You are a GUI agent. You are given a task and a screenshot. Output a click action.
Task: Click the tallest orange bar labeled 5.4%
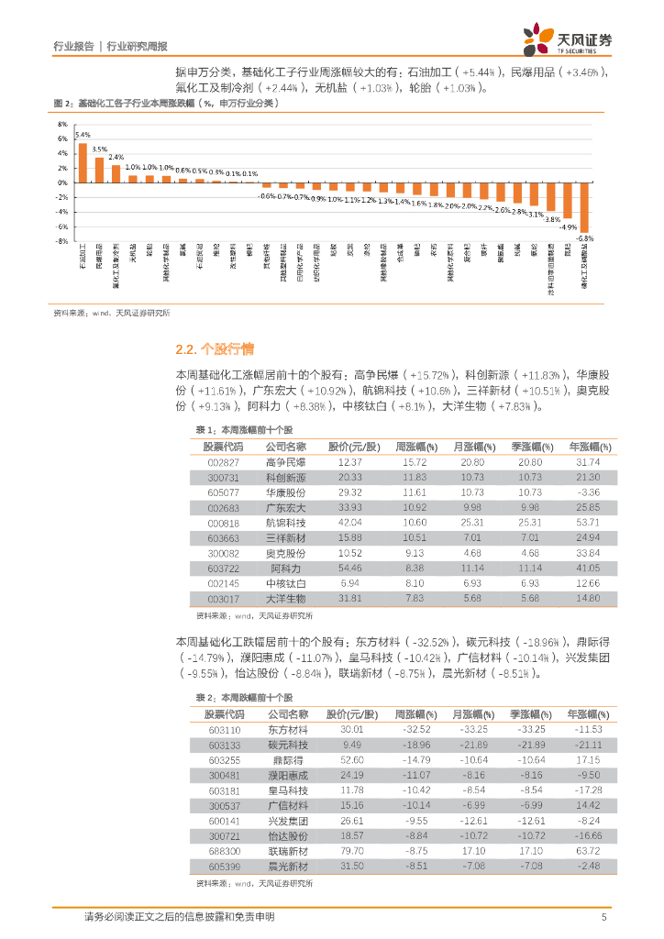point(83,162)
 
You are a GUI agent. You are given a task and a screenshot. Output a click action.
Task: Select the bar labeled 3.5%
point(99,170)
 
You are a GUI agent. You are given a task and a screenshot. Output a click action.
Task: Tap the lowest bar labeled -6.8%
point(584,207)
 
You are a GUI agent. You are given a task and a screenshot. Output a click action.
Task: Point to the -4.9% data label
point(568,226)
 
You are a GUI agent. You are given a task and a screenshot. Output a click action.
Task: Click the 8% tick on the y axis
point(62,125)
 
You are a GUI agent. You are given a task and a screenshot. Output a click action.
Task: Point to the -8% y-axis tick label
point(61,241)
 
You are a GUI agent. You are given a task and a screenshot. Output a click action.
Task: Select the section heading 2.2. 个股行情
point(215,349)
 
